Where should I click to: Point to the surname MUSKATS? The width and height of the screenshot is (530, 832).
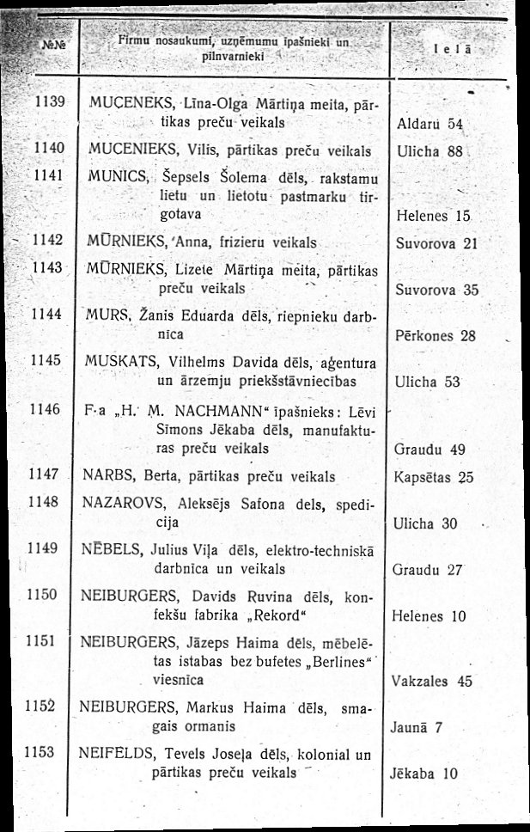pyautogui.click(x=114, y=362)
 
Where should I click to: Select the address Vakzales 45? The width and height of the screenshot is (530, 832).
pyautogui.click(x=431, y=682)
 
